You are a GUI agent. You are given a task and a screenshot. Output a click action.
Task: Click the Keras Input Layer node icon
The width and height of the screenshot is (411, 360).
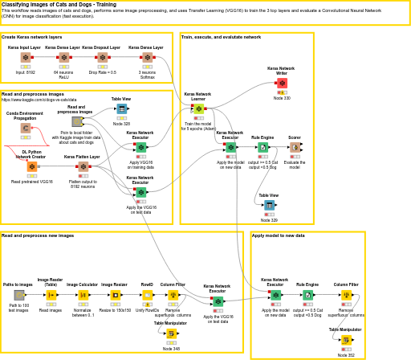coord(26,58)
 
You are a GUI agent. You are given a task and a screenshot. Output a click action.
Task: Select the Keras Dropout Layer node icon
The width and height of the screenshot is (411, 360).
coord(103,58)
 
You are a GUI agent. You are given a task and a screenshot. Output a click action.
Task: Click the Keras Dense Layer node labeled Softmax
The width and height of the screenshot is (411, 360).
coord(148,58)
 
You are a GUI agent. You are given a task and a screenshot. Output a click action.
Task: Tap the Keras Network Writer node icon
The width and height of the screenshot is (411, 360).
coord(282,83)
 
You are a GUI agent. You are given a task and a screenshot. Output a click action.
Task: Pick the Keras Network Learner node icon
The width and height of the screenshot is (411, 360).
coord(198,108)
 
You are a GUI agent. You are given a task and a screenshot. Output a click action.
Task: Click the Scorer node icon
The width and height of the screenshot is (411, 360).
coord(295,148)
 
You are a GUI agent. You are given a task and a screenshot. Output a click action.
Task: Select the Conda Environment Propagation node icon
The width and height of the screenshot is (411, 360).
coord(26,128)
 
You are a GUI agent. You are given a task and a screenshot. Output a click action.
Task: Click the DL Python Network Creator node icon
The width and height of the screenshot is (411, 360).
coord(31,166)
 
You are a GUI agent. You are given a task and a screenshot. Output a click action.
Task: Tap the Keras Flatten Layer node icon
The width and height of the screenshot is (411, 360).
coord(83,166)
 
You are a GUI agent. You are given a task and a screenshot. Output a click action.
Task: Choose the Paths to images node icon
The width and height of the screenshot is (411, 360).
coord(18,295)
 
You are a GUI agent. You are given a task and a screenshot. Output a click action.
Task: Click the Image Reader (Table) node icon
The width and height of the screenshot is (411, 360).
coord(51,295)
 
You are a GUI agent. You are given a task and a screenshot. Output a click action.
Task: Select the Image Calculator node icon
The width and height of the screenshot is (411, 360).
coord(83,295)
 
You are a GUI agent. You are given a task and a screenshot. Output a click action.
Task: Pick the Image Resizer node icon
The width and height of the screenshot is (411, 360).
coord(115,295)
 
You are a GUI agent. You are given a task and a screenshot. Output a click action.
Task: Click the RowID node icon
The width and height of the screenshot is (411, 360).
coord(147,295)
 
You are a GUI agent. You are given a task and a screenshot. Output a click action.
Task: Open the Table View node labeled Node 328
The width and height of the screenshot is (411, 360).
coord(121,108)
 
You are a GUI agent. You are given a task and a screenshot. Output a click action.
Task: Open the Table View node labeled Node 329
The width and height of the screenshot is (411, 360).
coord(269,205)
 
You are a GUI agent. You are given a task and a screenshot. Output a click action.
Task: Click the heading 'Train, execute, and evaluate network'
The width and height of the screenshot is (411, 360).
coord(221,37)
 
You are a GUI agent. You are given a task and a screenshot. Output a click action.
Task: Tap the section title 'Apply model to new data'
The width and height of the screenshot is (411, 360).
coord(279,235)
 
